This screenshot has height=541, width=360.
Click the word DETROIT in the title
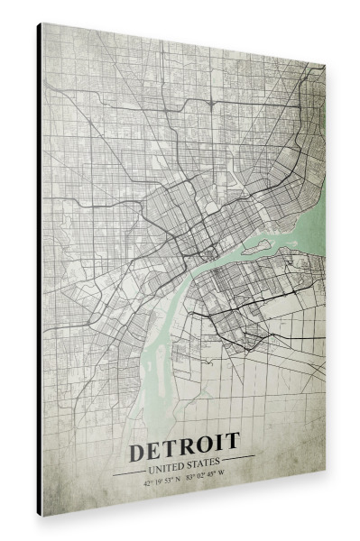184,445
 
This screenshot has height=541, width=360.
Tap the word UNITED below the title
167,467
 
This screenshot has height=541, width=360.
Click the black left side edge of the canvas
40,270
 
